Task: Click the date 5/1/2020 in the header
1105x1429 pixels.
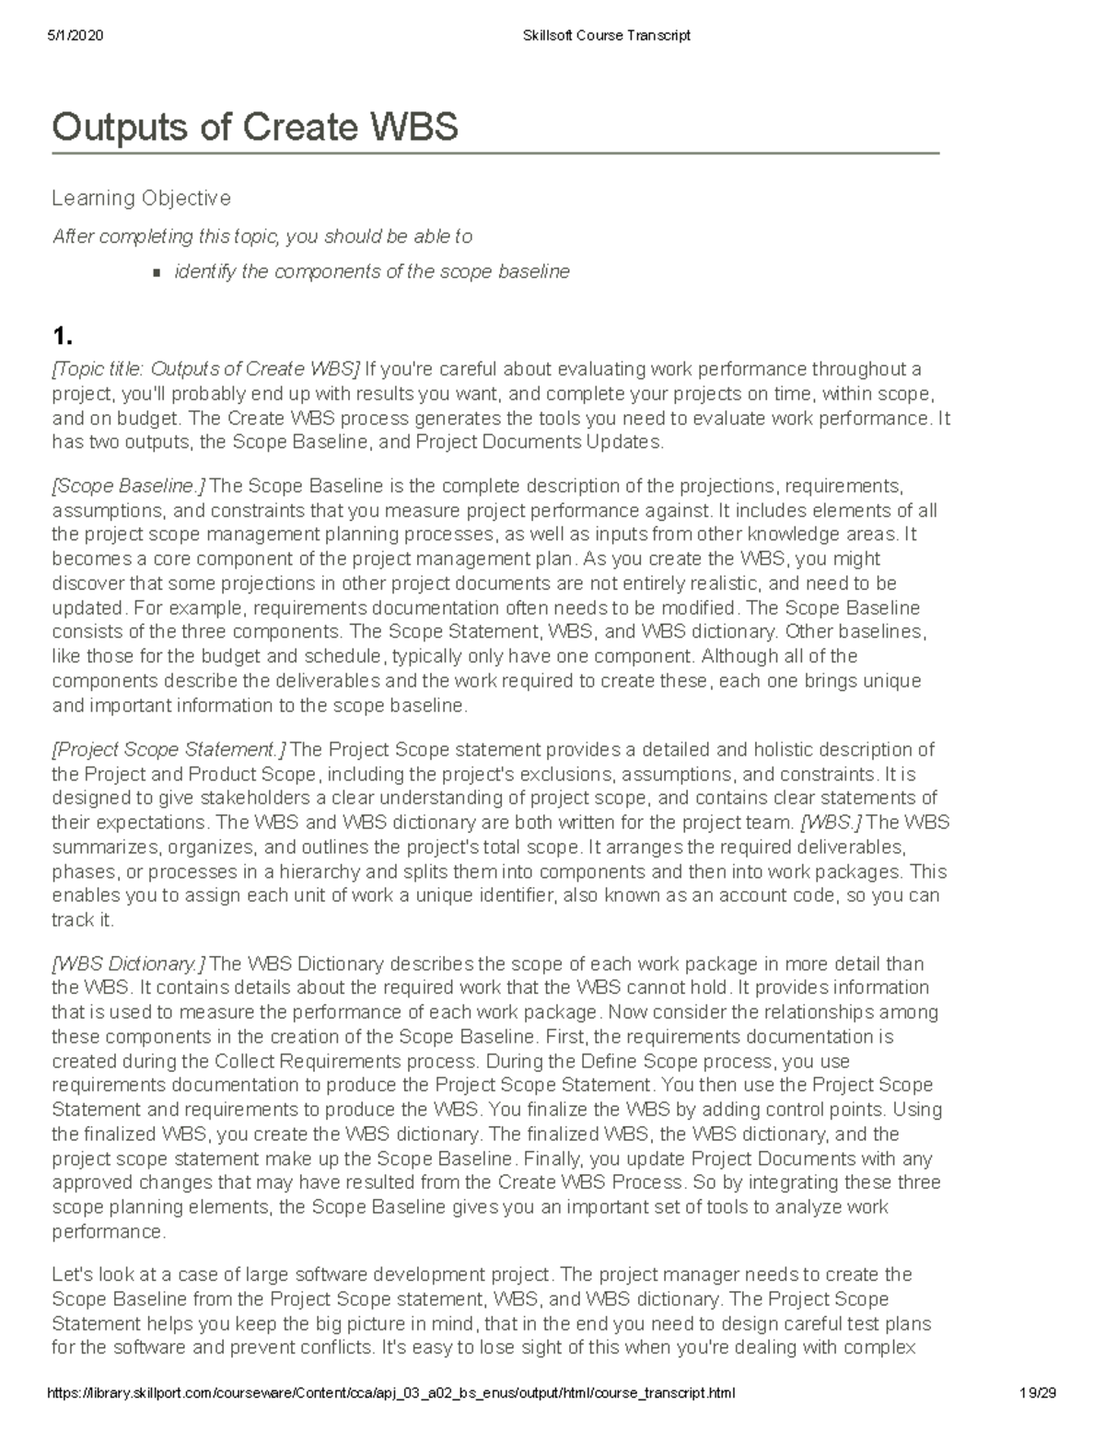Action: coord(75,36)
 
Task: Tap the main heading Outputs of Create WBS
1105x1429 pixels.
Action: coord(255,127)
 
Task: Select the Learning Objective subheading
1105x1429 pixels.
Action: coord(141,198)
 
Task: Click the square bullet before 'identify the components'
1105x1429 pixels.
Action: coord(156,272)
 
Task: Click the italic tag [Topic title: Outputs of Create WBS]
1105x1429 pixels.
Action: coord(206,369)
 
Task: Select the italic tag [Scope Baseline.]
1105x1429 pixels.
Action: coord(129,486)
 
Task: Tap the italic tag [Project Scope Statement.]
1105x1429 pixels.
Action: coord(169,749)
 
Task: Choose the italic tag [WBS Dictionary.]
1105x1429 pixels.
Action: coord(129,963)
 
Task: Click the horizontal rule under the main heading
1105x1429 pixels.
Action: coord(495,154)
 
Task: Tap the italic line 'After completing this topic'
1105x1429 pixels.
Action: coord(262,236)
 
